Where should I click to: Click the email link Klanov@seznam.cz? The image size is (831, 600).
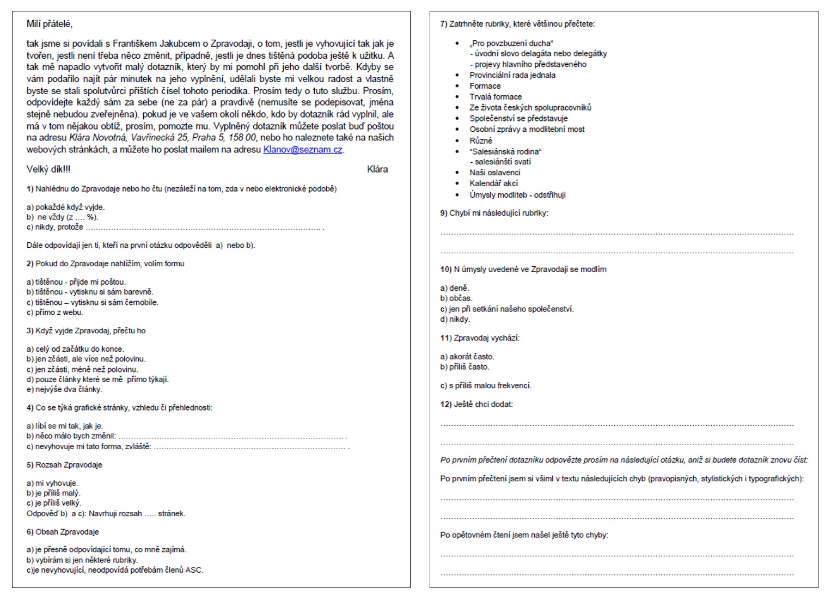[302, 150]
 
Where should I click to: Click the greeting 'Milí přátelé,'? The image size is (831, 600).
[49, 24]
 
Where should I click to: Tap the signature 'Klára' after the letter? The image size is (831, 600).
[377, 169]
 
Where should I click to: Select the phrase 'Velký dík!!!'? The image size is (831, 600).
[48, 169]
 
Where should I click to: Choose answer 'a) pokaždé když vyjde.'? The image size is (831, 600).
[65, 207]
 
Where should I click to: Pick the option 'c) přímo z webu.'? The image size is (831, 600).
[54, 313]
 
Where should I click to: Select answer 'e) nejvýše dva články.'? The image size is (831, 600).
[64, 389]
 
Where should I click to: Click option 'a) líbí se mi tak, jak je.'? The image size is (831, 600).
[65, 426]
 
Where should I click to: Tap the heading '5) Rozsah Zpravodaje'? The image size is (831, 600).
[64, 465]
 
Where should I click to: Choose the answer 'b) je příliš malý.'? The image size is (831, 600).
[53, 493]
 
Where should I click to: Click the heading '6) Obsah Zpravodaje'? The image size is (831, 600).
[63, 532]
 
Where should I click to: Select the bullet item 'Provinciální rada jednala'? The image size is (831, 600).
[512, 75]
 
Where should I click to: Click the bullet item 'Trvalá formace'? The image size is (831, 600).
[496, 97]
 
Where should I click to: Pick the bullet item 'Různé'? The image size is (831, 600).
[481, 140]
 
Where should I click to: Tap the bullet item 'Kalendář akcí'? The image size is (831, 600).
[494, 183]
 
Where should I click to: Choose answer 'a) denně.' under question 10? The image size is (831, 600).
[455, 288]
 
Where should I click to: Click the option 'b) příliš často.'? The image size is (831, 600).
[465, 367]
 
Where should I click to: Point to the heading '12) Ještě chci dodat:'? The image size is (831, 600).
[476, 405]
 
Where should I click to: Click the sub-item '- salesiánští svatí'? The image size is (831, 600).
[500, 162]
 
